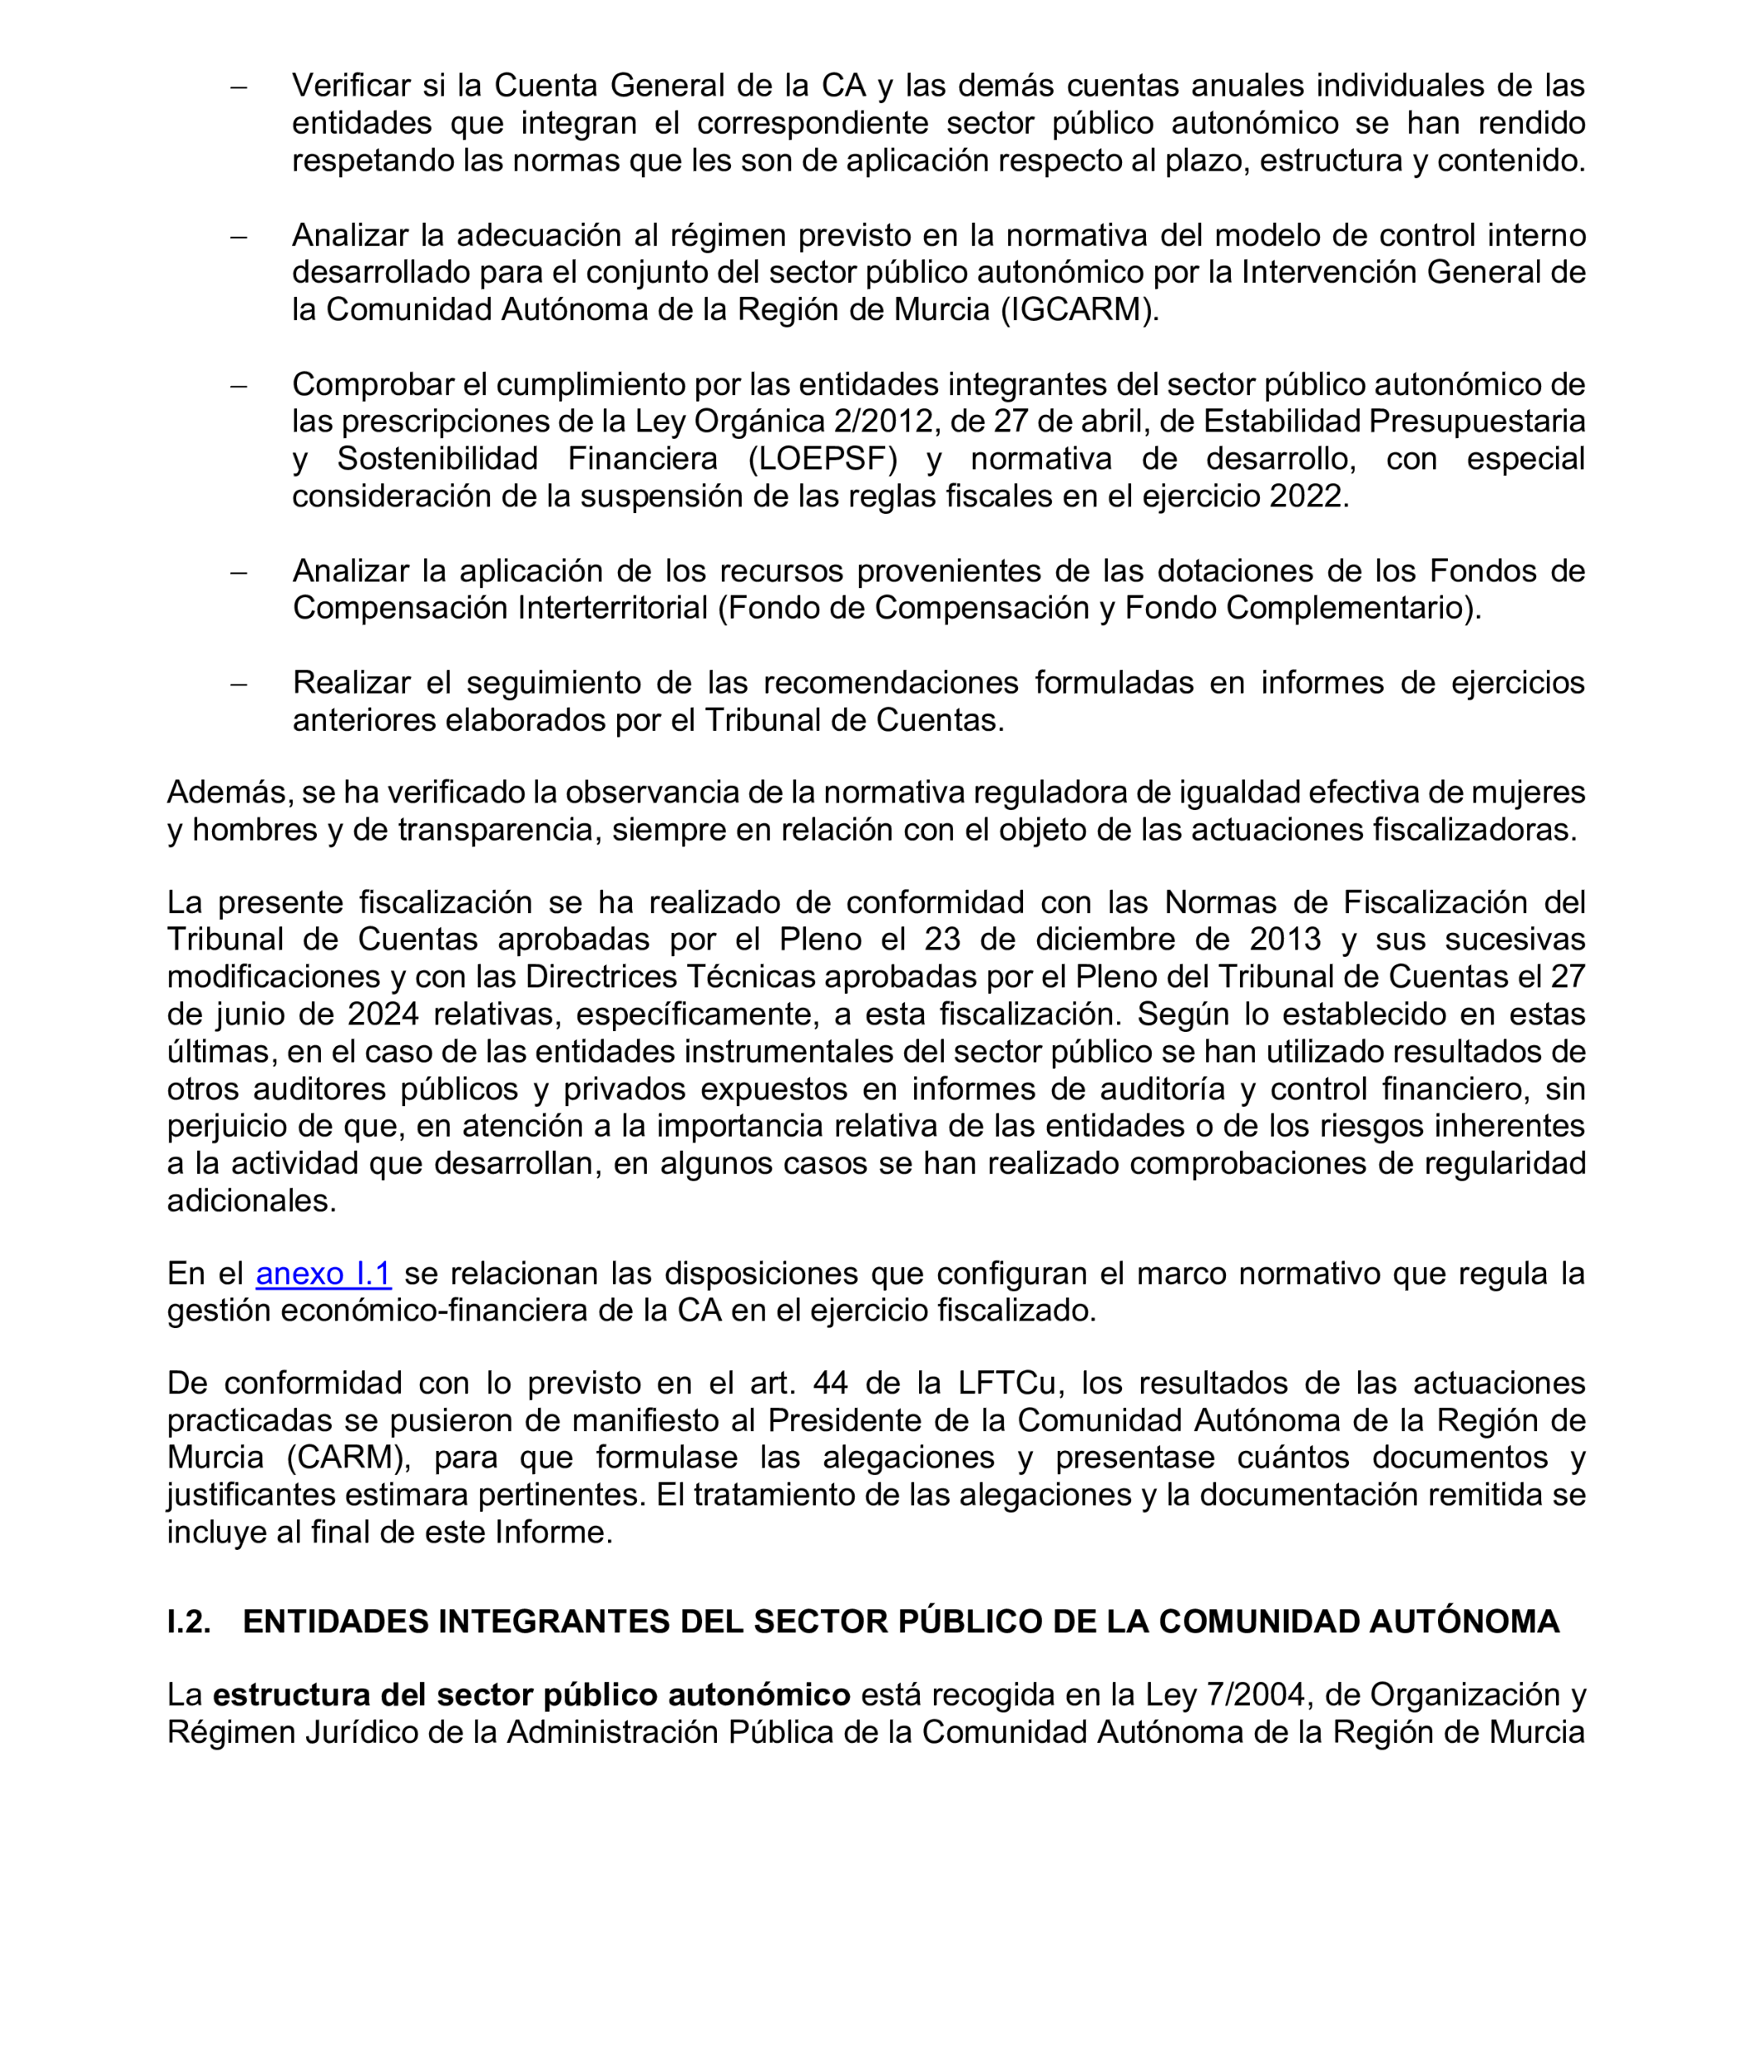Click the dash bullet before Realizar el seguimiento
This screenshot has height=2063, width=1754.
tap(238, 684)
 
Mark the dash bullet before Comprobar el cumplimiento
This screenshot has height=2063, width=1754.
tap(238, 386)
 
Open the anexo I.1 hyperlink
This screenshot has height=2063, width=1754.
tap(323, 1274)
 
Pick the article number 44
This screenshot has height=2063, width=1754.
tap(830, 1383)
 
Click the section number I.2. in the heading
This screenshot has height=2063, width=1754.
tap(189, 1622)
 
